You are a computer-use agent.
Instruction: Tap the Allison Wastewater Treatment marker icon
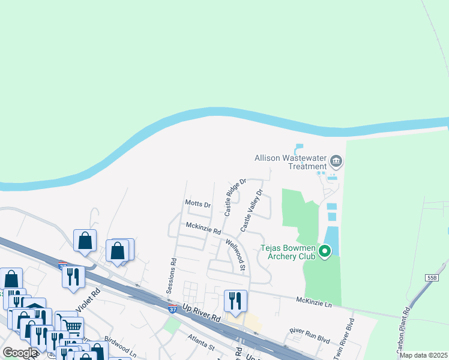pyautogui.click(x=336, y=161)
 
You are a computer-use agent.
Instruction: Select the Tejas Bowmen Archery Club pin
pyautogui.click(x=325, y=251)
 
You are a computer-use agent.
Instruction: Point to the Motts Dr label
pyautogui.click(x=197, y=205)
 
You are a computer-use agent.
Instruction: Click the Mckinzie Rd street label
pyautogui.click(x=203, y=228)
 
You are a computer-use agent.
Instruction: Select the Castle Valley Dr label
pyautogui.click(x=252, y=211)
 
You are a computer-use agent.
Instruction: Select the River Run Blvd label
pyautogui.click(x=310, y=335)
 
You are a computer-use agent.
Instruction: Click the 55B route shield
pyautogui.click(x=432, y=278)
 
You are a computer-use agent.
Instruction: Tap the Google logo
pyautogui.click(x=20, y=353)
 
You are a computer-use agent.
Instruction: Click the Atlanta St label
pyautogui.click(x=200, y=343)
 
